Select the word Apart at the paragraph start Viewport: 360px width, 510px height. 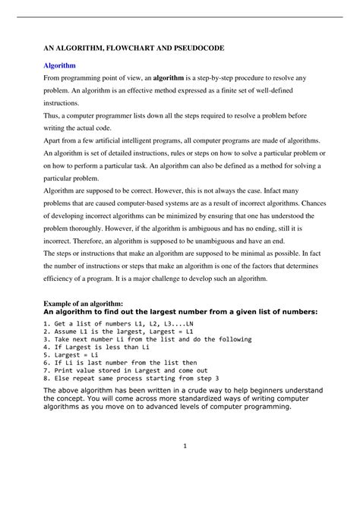(55, 142)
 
